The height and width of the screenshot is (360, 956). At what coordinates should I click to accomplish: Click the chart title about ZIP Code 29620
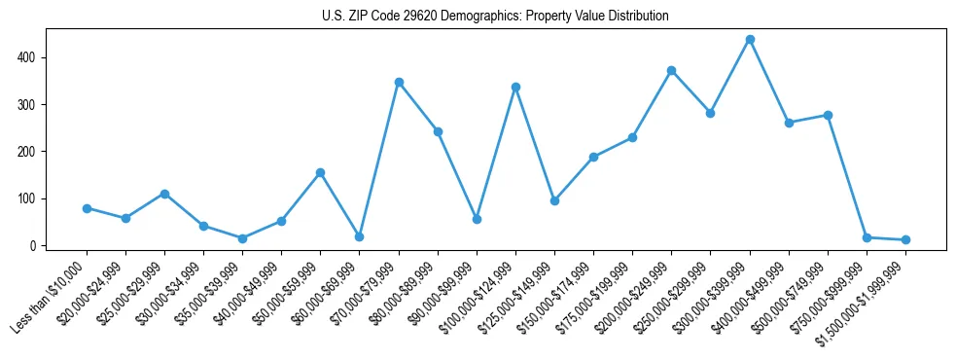(x=495, y=17)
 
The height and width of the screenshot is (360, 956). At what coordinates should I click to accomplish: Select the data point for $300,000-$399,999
(x=750, y=40)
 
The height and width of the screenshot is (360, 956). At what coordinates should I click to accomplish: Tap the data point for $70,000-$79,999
(x=399, y=83)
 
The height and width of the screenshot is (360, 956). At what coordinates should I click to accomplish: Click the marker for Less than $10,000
(x=87, y=208)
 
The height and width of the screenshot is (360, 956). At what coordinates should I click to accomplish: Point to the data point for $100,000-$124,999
(x=515, y=88)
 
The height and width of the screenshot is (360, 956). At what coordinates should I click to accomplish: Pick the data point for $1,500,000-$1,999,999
(x=905, y=239)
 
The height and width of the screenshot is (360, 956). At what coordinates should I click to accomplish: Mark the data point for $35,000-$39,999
(x=242, y=238)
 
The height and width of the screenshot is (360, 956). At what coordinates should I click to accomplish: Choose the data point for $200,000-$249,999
(x=672, y=71)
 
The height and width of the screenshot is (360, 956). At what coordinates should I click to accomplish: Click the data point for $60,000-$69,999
(x=360, y=236)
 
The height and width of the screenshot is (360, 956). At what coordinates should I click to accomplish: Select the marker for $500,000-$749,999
(x=828, y=115)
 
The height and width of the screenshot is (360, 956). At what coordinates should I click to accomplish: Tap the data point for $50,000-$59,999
(x=320, y=172)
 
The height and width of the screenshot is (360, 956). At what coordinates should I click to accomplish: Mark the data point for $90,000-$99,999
(x=477, y=219)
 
